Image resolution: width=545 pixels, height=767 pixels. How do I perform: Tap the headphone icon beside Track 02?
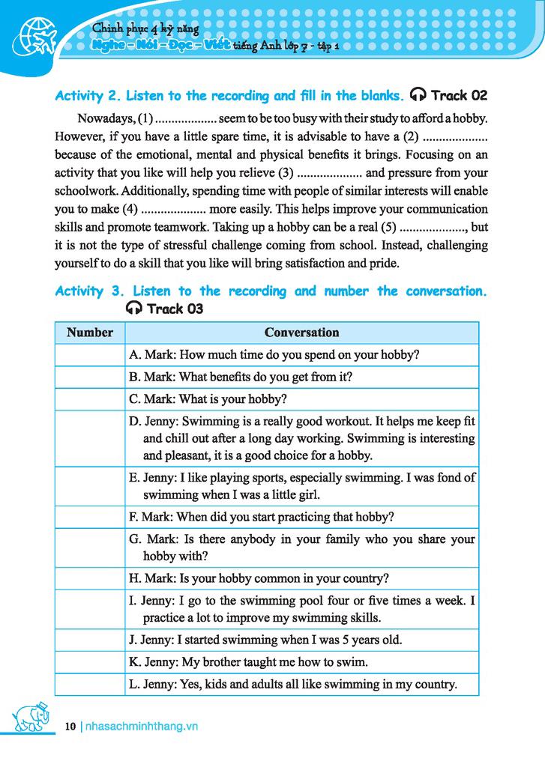click(419, 96)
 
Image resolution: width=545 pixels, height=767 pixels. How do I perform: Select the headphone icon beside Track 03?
click(134, 309)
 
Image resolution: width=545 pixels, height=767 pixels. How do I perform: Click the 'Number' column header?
click(89, 332)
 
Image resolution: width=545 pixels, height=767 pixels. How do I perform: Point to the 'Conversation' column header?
click(301, 332)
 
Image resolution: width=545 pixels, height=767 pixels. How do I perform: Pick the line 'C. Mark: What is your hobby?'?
click(208, 399)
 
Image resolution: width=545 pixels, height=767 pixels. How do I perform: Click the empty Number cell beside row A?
click(89, 354)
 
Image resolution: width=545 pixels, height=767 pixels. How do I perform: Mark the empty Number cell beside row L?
click(89, 684)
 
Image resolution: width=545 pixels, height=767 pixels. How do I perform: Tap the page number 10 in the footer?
click(70, 726)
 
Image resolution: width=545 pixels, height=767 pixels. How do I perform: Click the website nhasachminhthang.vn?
click(142, 726)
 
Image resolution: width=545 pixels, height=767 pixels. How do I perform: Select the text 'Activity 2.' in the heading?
click(88, 96)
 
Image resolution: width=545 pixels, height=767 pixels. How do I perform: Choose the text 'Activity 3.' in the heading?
click(88, 291)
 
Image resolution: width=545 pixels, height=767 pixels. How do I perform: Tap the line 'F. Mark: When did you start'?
click(262, 516)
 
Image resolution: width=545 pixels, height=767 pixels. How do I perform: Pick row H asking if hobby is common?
click(259, 578)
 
